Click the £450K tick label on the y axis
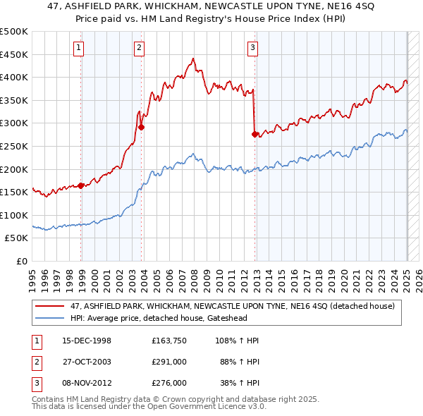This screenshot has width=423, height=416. click(14, 54)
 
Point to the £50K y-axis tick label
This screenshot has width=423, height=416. click(17, 238)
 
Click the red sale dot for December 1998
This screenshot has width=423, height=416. click(81, 185)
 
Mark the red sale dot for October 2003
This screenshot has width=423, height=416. click(142, 128)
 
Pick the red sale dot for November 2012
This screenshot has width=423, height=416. click(255, 134)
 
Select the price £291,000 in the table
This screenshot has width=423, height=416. click(169, 362)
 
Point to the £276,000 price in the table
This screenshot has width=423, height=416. click(169, 383)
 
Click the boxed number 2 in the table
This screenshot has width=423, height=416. click(35, 362)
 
